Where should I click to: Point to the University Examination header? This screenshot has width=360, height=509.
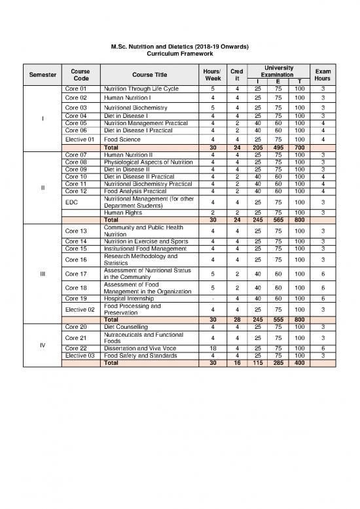(279, 71)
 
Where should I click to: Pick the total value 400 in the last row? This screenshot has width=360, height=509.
(298, 363)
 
